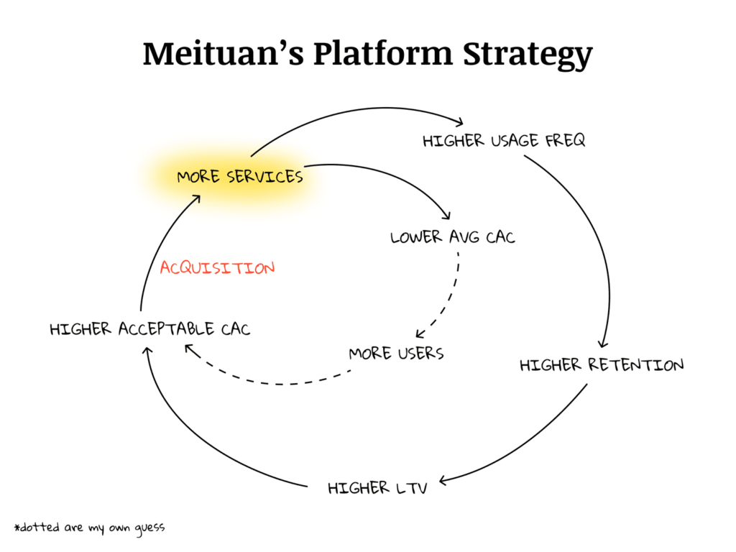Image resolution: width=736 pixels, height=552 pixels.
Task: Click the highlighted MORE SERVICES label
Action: click(x=240, y=177)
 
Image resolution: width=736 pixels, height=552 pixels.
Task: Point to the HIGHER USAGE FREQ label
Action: click(x=504, y=140)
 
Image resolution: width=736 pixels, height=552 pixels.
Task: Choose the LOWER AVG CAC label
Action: click(x=453, y=236)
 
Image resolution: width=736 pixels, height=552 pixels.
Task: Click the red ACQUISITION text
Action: click(x=217, y=268)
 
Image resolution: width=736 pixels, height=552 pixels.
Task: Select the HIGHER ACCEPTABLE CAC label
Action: click(x=150, y=330)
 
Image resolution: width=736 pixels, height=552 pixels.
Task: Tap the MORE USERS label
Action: click(x=396, y=354)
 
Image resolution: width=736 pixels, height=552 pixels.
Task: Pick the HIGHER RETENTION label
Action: click(x=602, y=365)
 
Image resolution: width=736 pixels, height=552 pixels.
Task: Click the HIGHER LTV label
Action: click(x=377, y=489)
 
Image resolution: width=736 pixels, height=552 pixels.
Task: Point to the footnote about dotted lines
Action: click(x=89, y=528)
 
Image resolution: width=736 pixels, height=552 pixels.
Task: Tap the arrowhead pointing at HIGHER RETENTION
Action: click(x=602, y=344)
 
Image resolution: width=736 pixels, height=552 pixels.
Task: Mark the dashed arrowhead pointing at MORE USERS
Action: click(x=420, y=335)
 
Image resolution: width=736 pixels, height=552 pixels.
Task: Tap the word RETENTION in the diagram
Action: click(x=635, y=365)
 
